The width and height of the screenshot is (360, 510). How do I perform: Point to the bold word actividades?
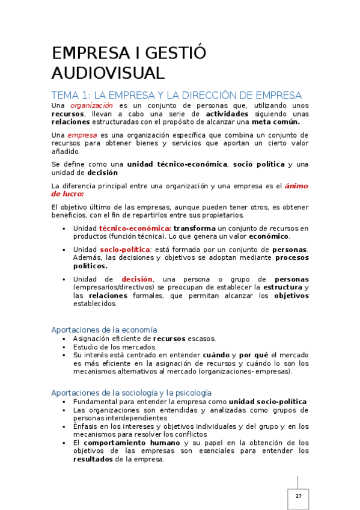(227, 114)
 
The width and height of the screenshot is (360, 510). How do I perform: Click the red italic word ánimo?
(296, 186)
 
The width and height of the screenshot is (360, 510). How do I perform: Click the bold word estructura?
(282, 287)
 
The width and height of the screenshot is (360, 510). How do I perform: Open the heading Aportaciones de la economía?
(105, 330)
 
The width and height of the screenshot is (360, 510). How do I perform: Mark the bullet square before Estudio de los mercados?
(64, 347)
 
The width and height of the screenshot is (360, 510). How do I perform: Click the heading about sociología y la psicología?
(132, 392)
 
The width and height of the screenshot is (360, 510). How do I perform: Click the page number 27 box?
(298, 496)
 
